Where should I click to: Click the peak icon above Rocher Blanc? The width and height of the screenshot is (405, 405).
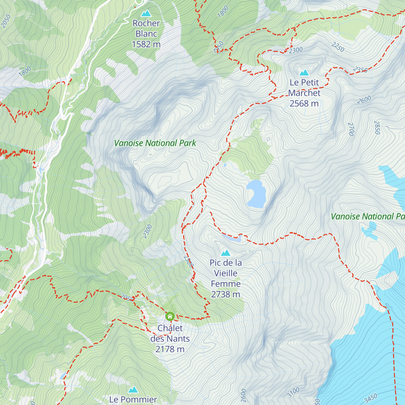click(146, 13)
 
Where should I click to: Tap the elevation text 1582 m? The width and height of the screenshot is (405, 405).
click(146, 44)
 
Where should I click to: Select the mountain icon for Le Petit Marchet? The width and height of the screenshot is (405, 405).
click(304, 73)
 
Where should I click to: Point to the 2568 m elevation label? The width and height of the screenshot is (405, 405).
click(304, 104)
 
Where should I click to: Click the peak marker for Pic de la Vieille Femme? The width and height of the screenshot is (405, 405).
click(225, 253)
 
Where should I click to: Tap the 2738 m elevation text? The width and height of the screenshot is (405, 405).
click(225, 294)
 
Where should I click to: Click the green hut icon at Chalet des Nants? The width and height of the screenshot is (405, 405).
click(170, 317)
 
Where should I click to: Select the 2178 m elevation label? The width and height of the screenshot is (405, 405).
click(170, 349)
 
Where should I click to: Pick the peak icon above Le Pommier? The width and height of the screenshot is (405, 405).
click(133, 390)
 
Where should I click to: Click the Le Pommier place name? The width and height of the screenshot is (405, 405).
click(133, 400)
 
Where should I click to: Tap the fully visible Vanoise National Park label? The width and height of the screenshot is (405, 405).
click(155, 143)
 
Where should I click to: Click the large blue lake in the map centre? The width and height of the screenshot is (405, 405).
click(256, 194)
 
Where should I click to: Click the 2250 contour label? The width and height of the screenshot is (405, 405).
click(338, 47)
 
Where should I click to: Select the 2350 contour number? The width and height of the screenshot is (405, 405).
click(360, 70)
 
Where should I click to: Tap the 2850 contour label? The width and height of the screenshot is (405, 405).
click(377, 127)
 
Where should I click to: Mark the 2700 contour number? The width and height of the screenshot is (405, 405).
click(351, 129)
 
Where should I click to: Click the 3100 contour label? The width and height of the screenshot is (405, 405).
click(293, 392)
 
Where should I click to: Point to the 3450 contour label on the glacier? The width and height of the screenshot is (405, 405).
click(371, 398)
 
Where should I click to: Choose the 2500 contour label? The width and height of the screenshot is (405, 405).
click(189, 262)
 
